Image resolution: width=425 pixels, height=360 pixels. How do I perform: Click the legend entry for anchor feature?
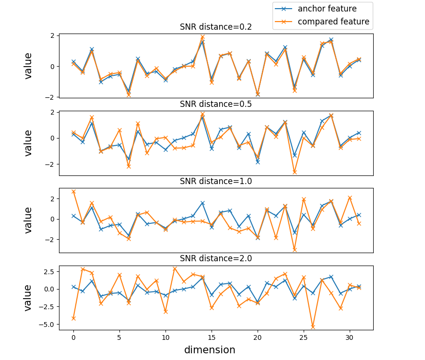tap(322, 9)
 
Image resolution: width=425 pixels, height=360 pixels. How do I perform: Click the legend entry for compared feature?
tap(322, 22)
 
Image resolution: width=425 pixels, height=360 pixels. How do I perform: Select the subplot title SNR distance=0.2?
tap(216, 27)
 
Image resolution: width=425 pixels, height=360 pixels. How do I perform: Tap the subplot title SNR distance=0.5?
tap(216, 104)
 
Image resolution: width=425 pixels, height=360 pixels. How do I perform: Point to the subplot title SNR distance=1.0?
tap(216, 181)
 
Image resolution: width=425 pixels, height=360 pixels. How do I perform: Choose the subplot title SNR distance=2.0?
tap(216, 258)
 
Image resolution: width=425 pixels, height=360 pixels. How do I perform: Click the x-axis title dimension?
tap(210, 350)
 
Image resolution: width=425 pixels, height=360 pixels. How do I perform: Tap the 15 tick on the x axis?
tap(212, 337)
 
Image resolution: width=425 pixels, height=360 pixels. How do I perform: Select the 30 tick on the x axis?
tap(350, 337)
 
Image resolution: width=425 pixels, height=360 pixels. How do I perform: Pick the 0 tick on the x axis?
tap(73, 337)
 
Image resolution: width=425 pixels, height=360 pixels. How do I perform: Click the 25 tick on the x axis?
tap(304, 337)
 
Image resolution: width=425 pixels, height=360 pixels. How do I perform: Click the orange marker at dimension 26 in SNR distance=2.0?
tap(313, 327)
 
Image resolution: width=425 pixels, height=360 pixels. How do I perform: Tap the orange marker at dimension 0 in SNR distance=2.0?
tap(73, 318)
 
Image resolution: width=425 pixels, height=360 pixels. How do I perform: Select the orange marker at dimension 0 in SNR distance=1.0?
tap(73, 192)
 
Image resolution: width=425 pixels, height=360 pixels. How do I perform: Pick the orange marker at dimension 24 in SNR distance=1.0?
tap(295, 250)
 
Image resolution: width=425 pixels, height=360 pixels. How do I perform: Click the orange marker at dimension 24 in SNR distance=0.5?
tap(295, 172)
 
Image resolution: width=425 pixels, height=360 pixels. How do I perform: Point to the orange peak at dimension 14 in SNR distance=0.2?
tap(202, 37)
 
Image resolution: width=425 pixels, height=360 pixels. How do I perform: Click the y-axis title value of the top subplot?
tap(28, 66)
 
